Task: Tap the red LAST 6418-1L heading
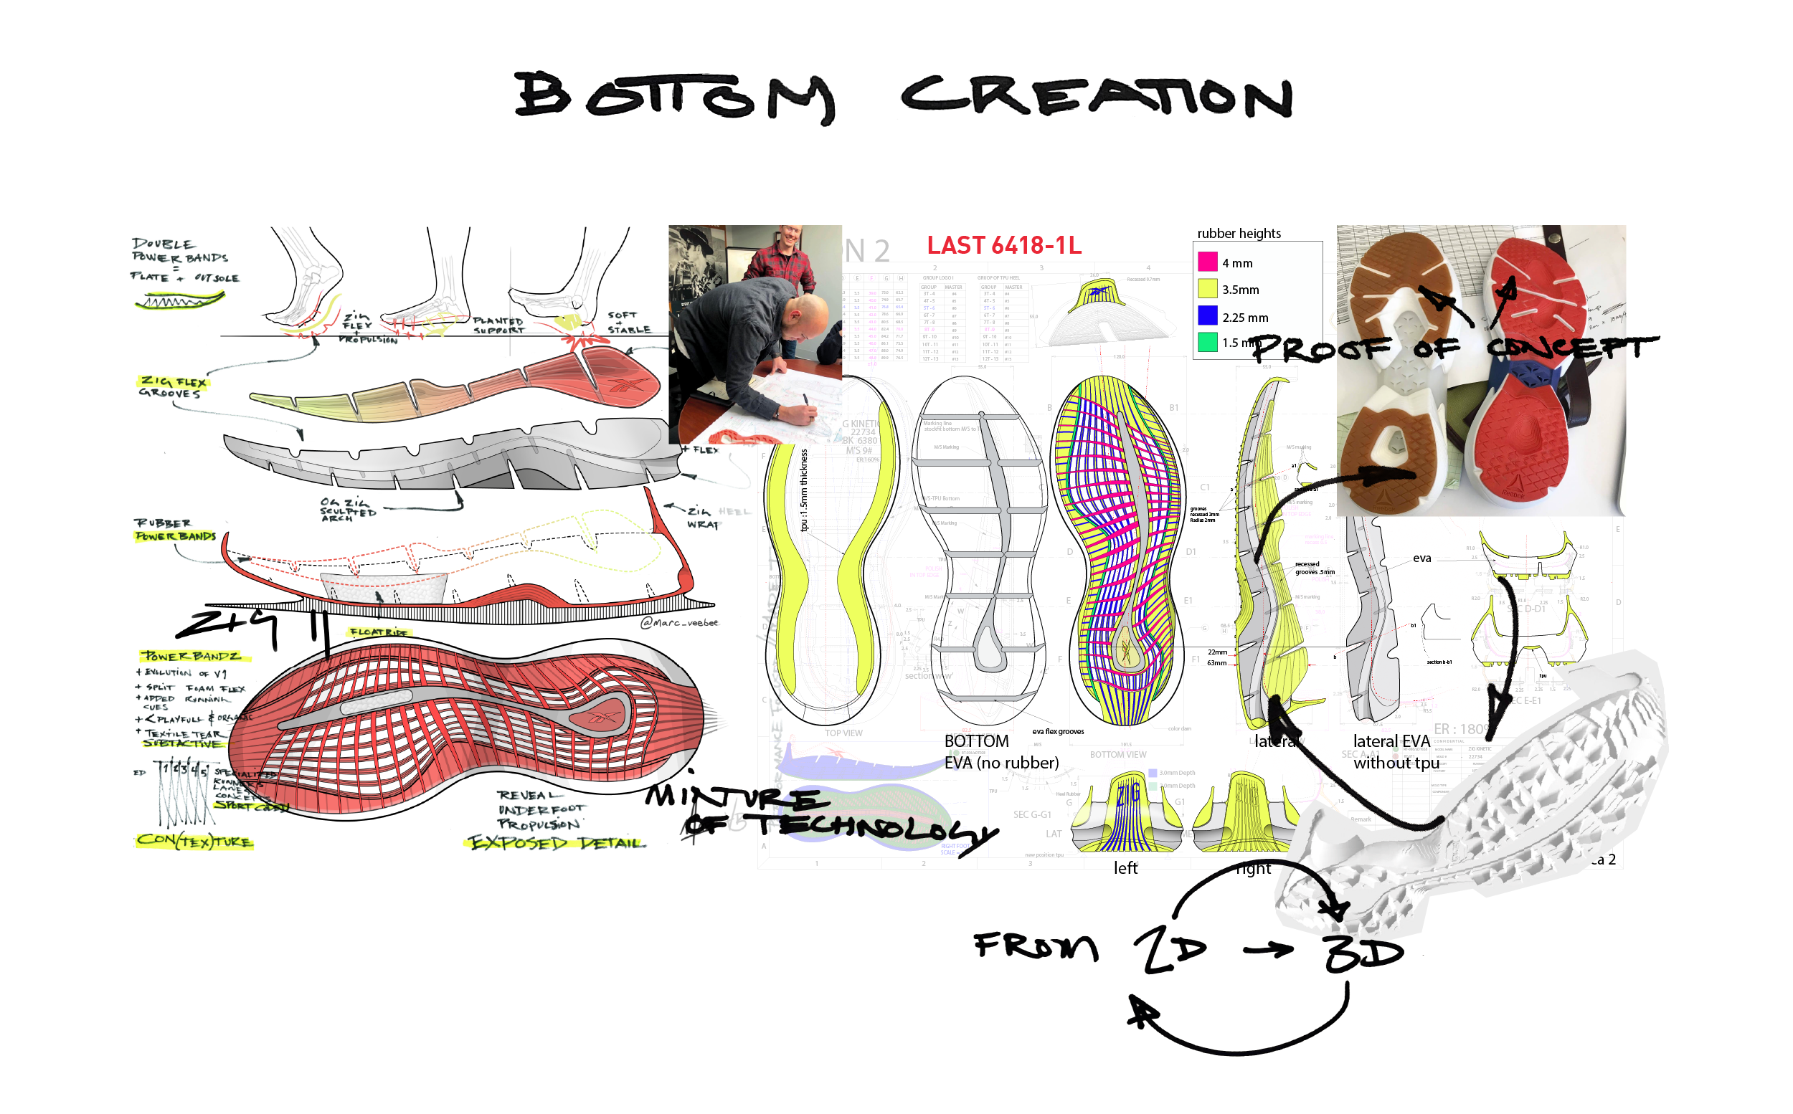[x=1004, y=245]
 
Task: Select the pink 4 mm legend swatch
[x=1207, y=262]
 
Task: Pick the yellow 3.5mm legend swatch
[x=1207, y=289]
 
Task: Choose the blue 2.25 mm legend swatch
[x=1207, y=316]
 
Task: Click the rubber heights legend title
[x=1239, y=234]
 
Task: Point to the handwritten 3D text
[x=1363, y=954]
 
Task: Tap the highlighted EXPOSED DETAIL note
[x=557, y=842]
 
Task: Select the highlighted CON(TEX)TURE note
[x=194, y=840]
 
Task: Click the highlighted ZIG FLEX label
[x=174, y=381]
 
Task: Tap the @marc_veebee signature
[x=678, y=622]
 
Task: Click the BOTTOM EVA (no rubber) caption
[x=1000, y=751]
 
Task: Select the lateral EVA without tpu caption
[x=1395, y=751]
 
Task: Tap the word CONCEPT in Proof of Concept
[x=1570, y=347]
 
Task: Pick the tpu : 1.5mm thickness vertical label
[x=804, y=490]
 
